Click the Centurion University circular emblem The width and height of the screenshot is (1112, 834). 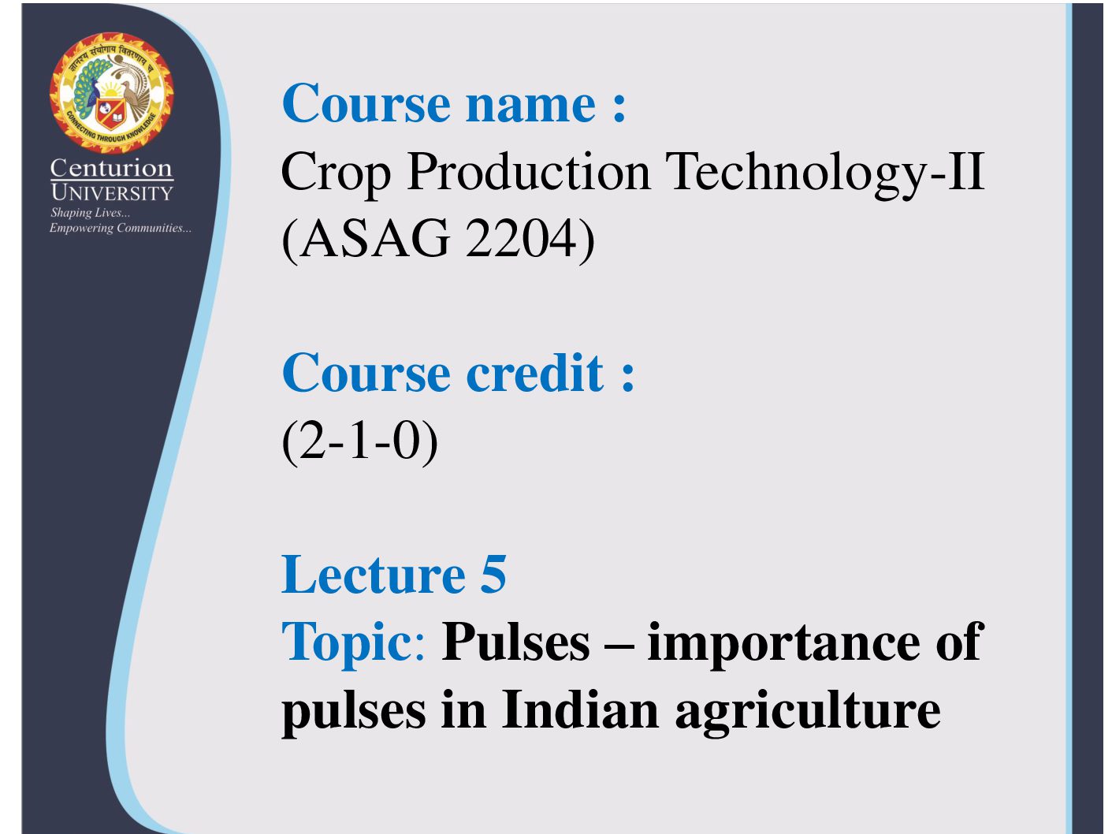(x=111, y=93)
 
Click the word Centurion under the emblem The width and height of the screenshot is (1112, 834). (x=111, y=168)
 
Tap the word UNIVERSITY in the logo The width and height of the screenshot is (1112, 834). (x=111, y=193)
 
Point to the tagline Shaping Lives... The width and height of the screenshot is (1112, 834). (x=90, y=213)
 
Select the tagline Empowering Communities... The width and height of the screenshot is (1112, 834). (x=121, y=228)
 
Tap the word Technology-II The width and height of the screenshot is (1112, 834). (x=824, y=173)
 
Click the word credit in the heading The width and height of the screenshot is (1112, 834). (x=534, y=373)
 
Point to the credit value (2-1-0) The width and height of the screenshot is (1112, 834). (x=359, y=441)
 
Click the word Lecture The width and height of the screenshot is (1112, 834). (x=373, y=575)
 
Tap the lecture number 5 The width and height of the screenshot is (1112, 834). (x=493, y=575)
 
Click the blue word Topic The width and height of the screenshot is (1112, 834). (x=347, y=643)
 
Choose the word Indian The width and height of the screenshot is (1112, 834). (x=581, y=709)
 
